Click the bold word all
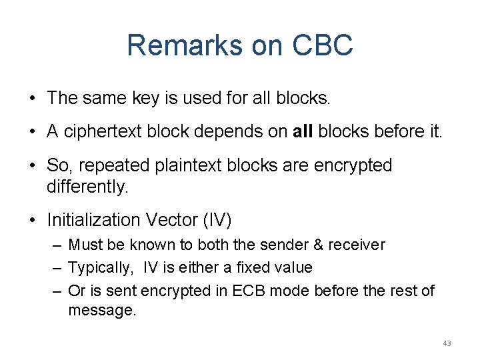303,131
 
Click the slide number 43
447,343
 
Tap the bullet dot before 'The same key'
31,99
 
